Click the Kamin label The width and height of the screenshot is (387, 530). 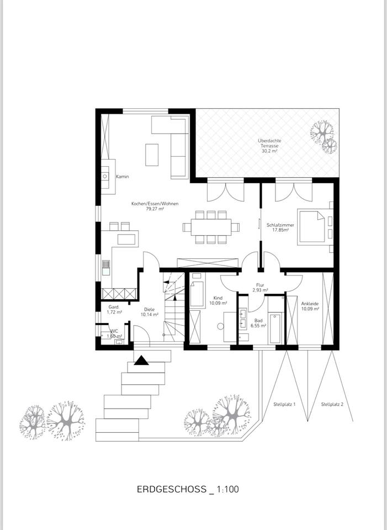tap(123, 177)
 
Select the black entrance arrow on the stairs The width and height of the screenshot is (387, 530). tap(141, 361)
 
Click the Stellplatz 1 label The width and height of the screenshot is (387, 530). tap(284, 404)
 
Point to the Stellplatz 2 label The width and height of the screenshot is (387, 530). tap(332, 404)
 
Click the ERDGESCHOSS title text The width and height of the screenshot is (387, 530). tap(171, 489)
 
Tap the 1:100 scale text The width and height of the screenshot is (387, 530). tap(227, 489)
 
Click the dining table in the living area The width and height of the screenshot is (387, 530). tap(211, 227)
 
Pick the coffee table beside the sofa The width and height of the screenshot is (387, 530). tap(152, 155)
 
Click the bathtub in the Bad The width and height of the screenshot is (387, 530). tap(275, 328)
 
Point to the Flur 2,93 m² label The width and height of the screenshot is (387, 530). tap(260, 288)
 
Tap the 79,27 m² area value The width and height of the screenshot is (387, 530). tap(155, 209)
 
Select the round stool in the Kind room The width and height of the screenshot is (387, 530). tap(220, 326)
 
